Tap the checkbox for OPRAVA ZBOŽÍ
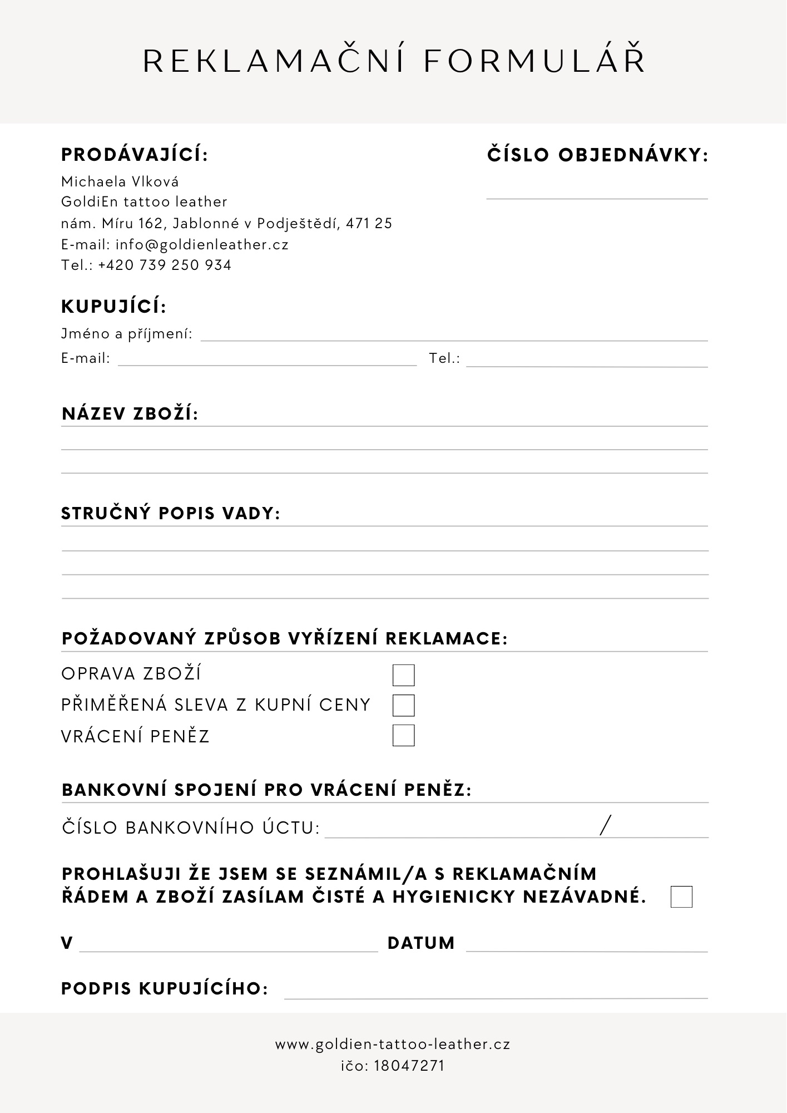403,675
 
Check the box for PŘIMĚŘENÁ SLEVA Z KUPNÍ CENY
403,705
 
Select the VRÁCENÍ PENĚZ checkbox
403,735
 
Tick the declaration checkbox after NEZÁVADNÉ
681,897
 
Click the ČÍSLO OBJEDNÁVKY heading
598,155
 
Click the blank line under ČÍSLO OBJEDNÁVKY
597,195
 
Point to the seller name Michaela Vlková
120,181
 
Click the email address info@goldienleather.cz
202,244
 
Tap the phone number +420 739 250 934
165,265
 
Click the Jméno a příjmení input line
454,336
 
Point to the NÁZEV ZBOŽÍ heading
130,414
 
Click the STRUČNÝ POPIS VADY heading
171,513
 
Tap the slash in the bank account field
605,825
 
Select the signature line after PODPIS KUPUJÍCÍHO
496,993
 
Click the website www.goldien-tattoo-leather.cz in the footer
393,1045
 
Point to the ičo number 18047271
409,1066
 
